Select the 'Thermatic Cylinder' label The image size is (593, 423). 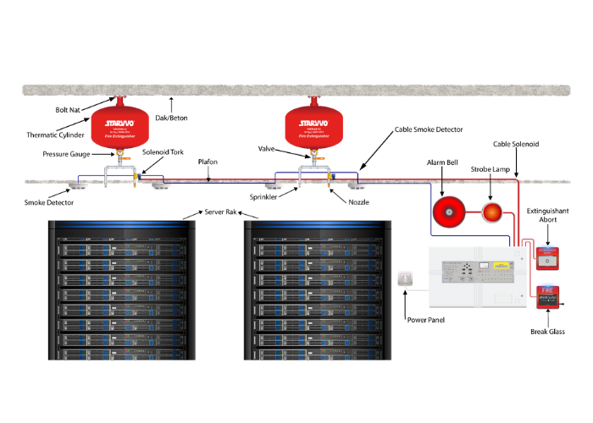pos(56,135)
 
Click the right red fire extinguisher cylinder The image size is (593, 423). pos(313,126)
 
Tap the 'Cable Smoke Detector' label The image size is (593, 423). pos(430,130)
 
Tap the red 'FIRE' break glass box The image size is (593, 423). pos(551,301)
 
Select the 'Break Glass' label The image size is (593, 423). pos(550,332)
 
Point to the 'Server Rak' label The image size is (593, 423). pos(221,211)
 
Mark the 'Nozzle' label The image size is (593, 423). pos(359,203)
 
